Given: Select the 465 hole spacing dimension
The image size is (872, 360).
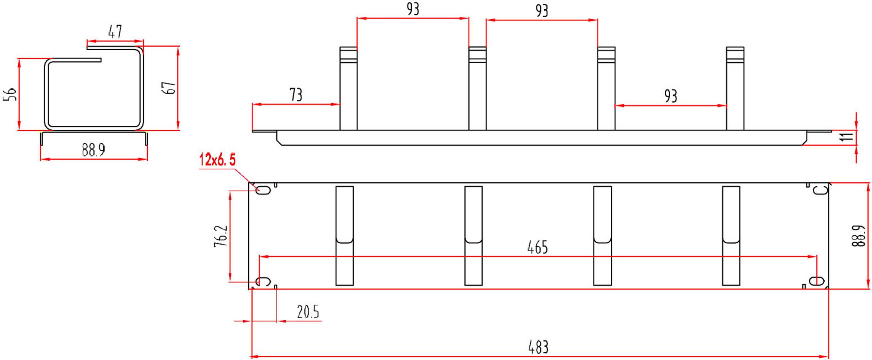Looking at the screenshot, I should click(537, 248).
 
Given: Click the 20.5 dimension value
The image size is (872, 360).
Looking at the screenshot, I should click(308, 312).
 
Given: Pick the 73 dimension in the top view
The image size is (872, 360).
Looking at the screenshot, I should click(296, 95).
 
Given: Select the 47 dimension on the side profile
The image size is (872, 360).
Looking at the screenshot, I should click(115, 32).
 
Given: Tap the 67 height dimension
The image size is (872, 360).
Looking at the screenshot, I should click(170, 88).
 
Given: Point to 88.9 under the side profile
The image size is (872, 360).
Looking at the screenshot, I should click(94, 150).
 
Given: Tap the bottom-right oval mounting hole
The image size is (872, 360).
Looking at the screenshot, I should click(816, 281).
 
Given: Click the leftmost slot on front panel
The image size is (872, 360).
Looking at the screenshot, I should click(344, 236).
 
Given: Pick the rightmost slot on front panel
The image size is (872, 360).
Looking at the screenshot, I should click(731, 236).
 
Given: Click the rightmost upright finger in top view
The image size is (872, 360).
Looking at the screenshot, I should click(735, 89).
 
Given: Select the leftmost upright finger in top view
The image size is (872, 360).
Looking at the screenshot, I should click(348, 89).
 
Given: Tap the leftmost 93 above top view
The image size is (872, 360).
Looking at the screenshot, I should click(413, 9).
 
